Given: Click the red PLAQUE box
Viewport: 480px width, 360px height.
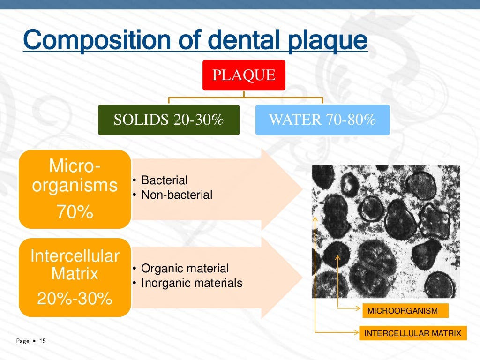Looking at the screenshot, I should [244, 75].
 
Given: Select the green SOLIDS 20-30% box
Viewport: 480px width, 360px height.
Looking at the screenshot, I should [169, 120].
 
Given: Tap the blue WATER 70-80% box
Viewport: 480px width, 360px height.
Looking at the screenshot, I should [322, 120].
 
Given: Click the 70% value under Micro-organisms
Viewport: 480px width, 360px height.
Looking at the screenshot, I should [75, 212].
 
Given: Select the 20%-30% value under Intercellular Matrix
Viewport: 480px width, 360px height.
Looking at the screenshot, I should [75, 298].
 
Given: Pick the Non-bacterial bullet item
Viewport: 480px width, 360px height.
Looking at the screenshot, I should [177, 195].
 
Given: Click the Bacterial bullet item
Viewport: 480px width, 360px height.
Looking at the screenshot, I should [164, 180].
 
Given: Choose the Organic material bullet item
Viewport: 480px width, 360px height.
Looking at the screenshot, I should [185, 269].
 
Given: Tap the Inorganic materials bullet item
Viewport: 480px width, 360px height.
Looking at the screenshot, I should [191, 283].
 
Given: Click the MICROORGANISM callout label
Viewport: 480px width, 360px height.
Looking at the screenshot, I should [402, 311].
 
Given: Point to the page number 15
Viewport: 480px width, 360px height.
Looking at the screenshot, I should [43, 341].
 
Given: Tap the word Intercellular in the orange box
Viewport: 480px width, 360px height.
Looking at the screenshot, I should [75, 256].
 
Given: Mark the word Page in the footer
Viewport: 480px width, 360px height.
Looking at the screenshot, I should [22, 341].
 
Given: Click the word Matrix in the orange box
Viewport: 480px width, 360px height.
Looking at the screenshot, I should [75, 273].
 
